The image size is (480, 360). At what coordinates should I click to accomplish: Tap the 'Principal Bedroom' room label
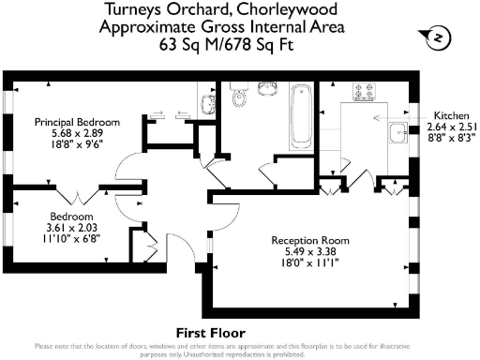pyautogui.click(x=78, y=122)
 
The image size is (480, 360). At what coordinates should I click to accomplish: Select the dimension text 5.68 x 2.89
pyautogui.click(x=78, y=133)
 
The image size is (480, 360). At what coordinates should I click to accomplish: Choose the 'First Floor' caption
pyautogui.click(x=210, y=333)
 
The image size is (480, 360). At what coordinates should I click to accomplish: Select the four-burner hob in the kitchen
pyautogui.click(x=363, y=93)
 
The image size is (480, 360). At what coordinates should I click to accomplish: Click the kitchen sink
pyautogui.click(x=397, y=132)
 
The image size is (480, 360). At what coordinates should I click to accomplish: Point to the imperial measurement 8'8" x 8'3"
pyautogui.click(x=451, y=137)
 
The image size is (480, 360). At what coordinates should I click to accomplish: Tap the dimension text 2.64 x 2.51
pyautogui.click(x=451, y=126)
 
